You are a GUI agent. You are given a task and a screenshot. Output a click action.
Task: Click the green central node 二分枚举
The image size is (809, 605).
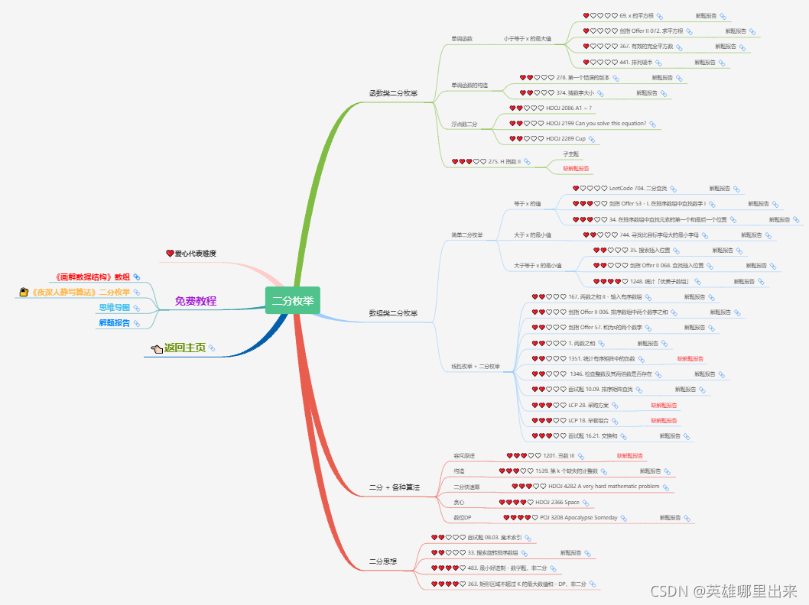click(293, 300)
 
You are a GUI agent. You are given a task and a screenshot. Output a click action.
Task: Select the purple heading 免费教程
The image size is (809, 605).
click(195, 301)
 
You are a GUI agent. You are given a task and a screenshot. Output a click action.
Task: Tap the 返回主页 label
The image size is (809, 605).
click(185, 348)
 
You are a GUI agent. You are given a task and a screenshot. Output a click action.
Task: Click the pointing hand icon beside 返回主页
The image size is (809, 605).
click(157, 348)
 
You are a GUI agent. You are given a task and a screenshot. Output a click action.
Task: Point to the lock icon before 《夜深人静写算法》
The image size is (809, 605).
click(24, 292)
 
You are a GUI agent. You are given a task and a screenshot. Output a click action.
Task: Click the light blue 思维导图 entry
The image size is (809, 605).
click(114, 308)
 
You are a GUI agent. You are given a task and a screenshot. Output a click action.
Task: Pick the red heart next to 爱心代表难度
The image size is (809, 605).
click(170, 253)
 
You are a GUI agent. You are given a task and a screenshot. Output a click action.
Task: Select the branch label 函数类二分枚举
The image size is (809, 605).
click(393, 93)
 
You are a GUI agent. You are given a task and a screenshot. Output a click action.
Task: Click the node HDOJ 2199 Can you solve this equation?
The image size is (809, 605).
click(596, 123)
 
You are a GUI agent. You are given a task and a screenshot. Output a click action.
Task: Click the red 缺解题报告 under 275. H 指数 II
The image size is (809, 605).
click(576, 168)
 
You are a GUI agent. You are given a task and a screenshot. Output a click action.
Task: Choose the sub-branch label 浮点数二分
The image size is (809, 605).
click(463, 123)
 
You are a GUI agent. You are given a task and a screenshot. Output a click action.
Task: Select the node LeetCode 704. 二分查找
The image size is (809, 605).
click(638, 188)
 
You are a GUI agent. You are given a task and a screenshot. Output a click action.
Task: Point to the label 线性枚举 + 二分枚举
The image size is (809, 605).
click(475, 367)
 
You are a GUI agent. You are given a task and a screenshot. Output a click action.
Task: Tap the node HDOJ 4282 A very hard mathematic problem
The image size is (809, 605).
click(603, 486)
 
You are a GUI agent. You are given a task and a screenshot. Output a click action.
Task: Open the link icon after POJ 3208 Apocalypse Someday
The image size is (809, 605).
click(623, 517)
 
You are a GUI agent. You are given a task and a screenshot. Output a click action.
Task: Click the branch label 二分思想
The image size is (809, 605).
click(383, 561)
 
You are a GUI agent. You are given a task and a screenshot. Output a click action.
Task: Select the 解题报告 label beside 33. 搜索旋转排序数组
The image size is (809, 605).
click(570, 552)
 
